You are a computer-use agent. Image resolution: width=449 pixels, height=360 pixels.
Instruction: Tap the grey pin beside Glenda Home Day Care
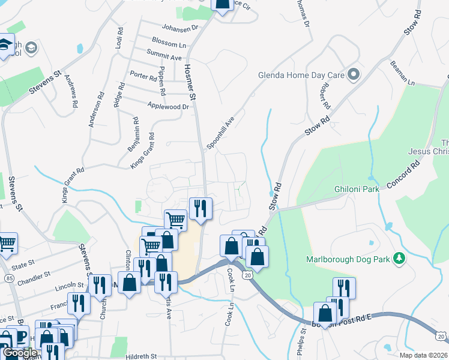point(354,75)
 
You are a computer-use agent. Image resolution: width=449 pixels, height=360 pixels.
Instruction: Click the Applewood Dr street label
point(168,106)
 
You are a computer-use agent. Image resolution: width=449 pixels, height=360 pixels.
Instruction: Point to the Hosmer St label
point(190,82)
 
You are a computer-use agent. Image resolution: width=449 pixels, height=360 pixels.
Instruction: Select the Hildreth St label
point(141,356)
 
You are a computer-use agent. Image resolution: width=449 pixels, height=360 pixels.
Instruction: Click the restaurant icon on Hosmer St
point(200,208)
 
